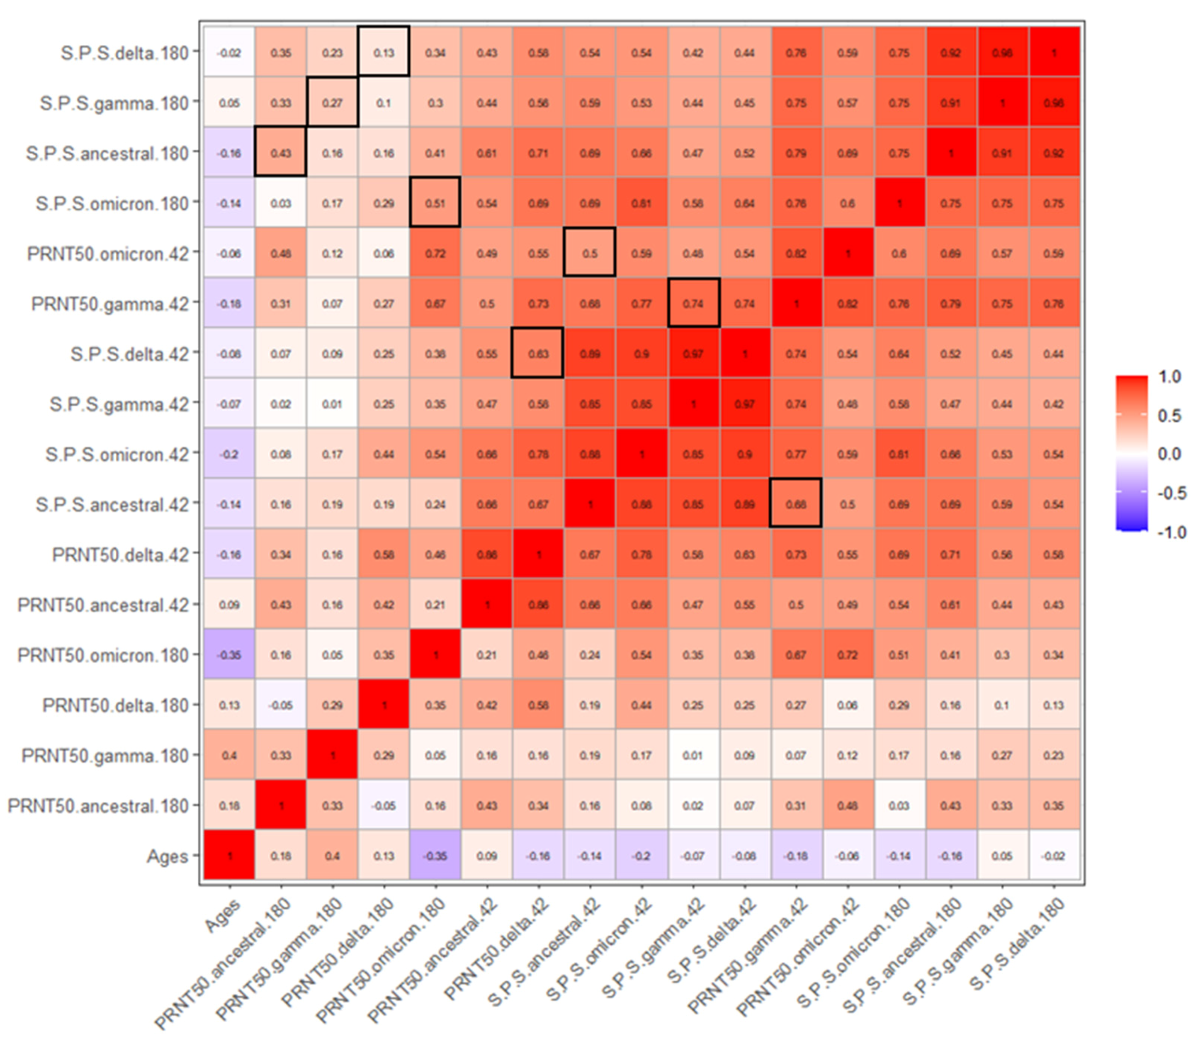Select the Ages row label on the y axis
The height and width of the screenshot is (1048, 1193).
tap(168, 856)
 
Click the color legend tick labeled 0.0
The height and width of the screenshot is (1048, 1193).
tap(1169, 454)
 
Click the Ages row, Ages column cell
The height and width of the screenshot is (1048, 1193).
tap(229, 856)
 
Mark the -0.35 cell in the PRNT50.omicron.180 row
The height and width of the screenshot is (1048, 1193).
tap(229, 655)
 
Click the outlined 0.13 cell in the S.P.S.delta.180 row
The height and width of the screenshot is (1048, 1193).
tap(384, 53)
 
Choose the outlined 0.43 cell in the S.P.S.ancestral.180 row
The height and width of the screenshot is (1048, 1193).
tap(281, 153)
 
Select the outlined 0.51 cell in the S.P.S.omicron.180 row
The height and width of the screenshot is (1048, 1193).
tap(435, 204)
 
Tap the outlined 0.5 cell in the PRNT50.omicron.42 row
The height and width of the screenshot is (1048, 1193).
tap(590, 254)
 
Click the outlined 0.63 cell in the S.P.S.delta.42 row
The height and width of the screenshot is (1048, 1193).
tap(538, 354)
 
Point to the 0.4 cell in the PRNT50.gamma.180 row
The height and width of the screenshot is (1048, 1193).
tap(229, 756)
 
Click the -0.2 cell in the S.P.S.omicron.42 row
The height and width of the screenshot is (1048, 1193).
tap(229, 454)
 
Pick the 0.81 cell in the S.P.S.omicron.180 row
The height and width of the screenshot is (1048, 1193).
tap(641, 204)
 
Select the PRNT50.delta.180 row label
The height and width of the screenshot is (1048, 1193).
tap(116, 705)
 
